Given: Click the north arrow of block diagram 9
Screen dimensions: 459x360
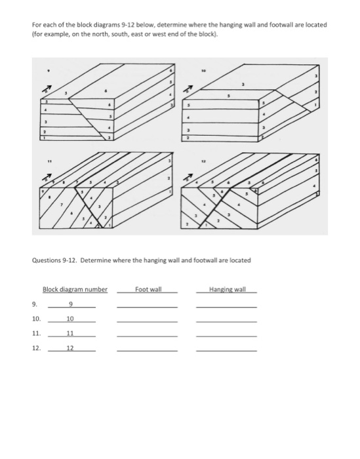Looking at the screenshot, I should click(47, 88).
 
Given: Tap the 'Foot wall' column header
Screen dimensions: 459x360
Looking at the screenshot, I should click(147, 290).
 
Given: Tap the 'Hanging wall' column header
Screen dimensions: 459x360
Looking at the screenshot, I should click(226, 290).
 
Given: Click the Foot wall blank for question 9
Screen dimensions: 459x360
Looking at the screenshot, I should click(147, 306).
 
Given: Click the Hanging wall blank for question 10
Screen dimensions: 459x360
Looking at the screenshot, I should click(226, 321).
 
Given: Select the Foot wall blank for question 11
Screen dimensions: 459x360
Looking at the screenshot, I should click(147, 335).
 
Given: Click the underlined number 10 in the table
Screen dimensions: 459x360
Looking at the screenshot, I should click(70, 319).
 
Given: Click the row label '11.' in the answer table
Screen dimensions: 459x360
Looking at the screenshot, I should click(37, 334).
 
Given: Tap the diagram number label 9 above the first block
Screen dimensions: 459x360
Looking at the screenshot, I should click(47, 67).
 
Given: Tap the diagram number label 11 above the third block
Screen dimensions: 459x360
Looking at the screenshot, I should click(48, 158).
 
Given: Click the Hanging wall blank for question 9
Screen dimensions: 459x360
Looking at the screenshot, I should click(226, 306).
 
